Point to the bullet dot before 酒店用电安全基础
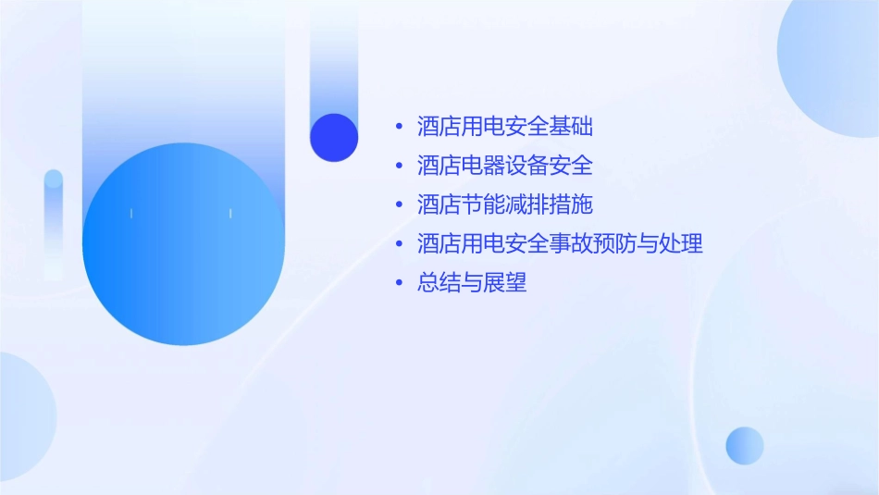click(x=399, y=126)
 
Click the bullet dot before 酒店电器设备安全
click(x=399, y=166)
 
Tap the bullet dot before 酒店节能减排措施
click(x=399, y=204)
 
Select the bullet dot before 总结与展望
click(x=399, y=283)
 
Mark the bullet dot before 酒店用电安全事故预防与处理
click(x=399, y=244)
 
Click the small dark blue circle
click(x=334, y=137)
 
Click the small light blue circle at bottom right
click(x=745, y=445)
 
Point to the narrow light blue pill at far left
click(x=54, y=222)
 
